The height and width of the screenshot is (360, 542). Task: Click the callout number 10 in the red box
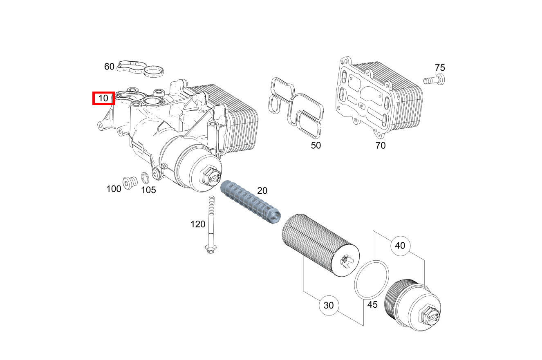coord(103,98)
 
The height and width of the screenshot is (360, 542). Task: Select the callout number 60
coord(109,66)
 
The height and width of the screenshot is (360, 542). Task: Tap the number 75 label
coord(440,67)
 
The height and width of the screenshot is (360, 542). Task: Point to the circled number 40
coord(400,246)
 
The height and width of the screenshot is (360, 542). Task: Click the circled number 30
coord(329,305)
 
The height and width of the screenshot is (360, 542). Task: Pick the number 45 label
coord(372,305)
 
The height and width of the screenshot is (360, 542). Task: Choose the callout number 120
coord(198,224)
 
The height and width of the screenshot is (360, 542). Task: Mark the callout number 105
coord(148,190)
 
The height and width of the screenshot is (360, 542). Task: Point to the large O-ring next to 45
coord(371,280)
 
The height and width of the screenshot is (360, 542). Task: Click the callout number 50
coord(316,145)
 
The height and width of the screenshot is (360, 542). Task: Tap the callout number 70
coord(380,145)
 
